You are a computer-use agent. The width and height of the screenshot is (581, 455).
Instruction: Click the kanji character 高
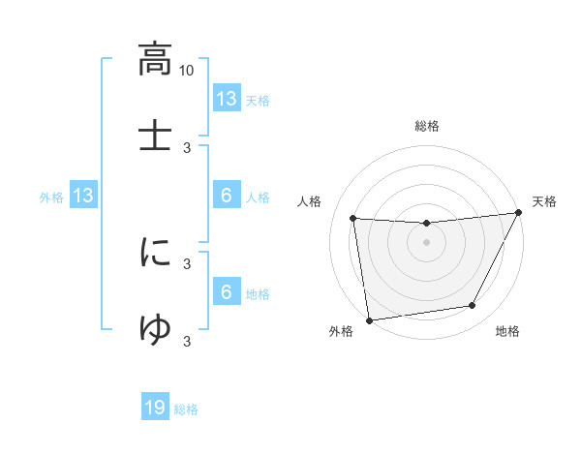click(x=155, y=60)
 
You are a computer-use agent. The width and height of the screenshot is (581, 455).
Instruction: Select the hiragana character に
click(x=155, y=254)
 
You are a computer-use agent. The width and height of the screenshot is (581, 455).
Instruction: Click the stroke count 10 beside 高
click(x=187, y=70)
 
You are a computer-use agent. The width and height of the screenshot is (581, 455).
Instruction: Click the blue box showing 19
click(x=155, y=409)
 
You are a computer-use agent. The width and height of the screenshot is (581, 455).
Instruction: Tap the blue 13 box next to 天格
click(x=226, y=99)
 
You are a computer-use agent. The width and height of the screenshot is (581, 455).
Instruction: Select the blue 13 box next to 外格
click(x=83, y=197)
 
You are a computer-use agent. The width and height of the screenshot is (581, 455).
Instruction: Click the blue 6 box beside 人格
click(x=226, y=196)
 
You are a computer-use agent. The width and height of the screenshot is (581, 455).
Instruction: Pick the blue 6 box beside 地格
click(x=226, y=292)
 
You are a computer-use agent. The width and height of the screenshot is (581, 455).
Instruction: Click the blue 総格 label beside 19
click(x=186, y=409)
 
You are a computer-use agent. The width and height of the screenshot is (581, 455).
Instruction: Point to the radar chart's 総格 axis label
click(x=427, y=126)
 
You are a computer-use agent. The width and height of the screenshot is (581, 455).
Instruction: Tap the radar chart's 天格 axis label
click(x=544, y=201)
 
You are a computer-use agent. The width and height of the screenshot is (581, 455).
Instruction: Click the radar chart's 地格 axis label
click(x=507, y=332)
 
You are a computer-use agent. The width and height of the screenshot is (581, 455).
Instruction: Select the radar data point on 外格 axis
click(x=369, y=319)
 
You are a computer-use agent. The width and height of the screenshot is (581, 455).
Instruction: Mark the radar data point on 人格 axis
click(x=353, y=218)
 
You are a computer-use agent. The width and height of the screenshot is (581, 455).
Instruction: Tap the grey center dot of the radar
click(x=427, y=242)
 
